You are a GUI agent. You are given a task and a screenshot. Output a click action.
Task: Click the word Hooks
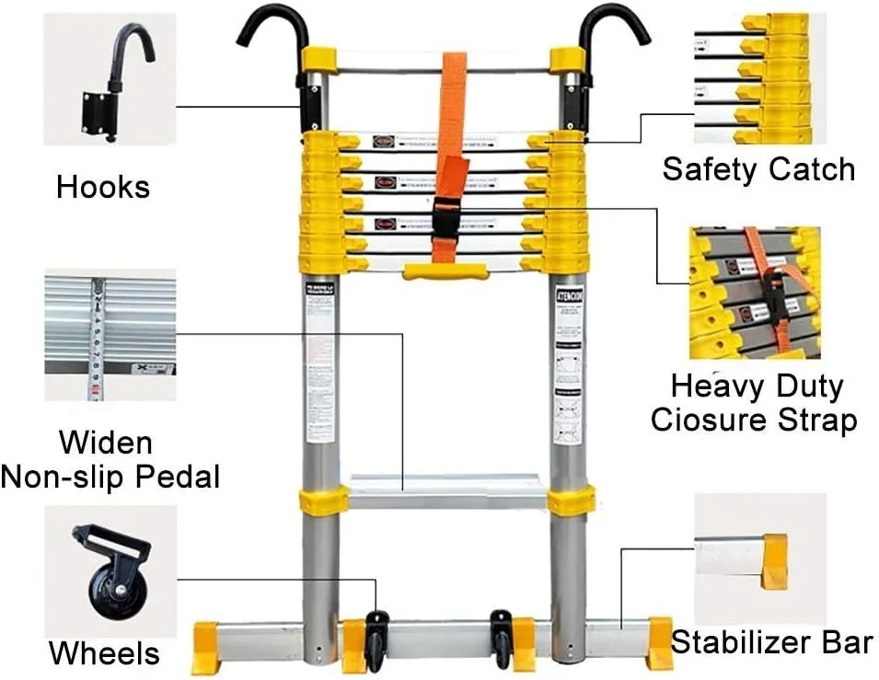pos(102,188)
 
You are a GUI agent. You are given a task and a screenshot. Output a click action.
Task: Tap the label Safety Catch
pos(758,169)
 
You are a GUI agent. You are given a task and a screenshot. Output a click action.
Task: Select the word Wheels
pos(104,653)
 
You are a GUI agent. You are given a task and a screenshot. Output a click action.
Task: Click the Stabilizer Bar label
pos(771,641)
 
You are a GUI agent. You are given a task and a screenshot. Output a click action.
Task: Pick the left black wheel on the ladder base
pos(377,640)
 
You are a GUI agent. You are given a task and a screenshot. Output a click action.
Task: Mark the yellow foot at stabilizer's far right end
pos(659,643)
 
